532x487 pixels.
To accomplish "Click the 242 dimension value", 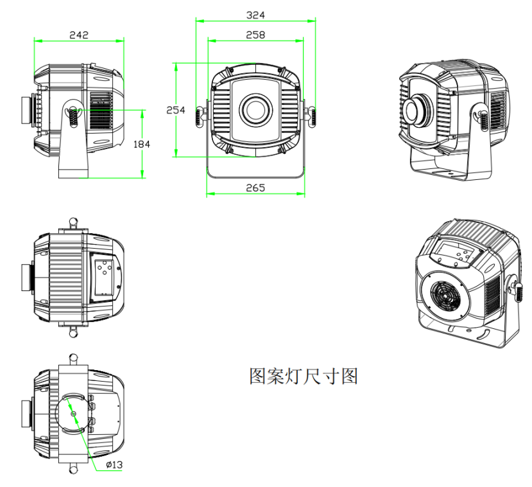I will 78,34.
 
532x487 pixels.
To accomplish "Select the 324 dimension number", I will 255,14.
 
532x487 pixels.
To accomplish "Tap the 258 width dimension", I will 255,34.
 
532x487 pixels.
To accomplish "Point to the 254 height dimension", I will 176,110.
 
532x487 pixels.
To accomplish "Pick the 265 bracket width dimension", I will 255,188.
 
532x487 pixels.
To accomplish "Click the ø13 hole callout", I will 114,465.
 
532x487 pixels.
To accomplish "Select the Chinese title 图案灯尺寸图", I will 303,376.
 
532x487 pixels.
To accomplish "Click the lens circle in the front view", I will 255,109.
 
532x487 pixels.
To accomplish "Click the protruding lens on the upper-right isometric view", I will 418,109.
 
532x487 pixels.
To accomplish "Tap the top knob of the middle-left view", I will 74,222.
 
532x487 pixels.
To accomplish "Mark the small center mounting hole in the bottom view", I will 74,413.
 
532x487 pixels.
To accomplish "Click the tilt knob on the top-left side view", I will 74,114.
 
